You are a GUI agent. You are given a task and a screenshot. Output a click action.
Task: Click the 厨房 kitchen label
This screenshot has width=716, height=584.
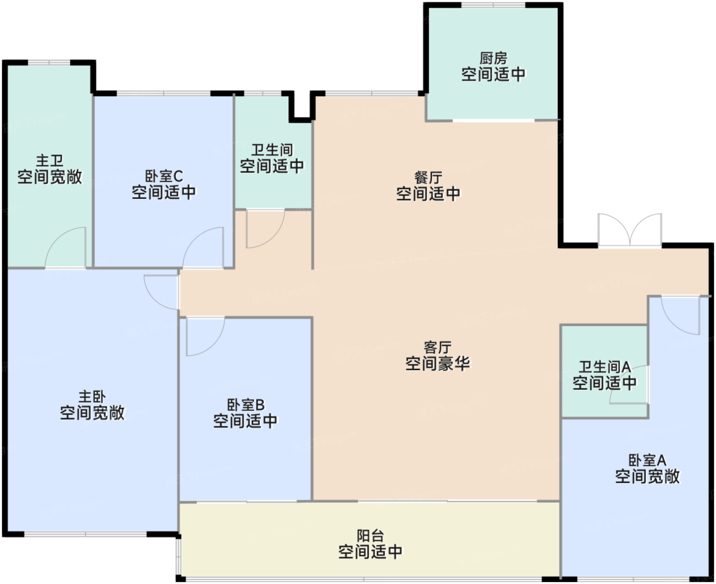coord(493,58)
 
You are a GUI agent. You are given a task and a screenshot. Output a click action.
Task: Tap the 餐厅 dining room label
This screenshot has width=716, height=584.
coord(428,177)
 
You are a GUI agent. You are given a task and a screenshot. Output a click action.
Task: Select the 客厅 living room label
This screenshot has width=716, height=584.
coord(437,348)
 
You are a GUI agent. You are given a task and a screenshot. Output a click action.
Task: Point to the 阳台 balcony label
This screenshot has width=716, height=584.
coord(370,535)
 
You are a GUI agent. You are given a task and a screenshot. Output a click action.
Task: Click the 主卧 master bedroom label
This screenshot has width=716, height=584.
coord(92,396)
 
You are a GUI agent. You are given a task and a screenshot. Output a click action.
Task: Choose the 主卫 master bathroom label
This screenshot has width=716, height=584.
coord(50,161)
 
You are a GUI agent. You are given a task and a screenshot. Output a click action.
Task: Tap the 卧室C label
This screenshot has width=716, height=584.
coord(164,176)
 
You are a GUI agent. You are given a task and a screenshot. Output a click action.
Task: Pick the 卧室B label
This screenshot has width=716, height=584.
coord(245,405)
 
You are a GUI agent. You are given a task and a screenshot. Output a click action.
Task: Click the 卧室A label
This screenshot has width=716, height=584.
coord(647,460)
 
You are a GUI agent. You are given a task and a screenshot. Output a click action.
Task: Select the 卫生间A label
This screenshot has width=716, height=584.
coord(604,367)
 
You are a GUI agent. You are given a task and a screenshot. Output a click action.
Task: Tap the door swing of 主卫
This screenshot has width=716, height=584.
coord(66,248)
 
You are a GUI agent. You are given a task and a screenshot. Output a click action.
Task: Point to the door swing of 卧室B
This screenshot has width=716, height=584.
coord(205,336)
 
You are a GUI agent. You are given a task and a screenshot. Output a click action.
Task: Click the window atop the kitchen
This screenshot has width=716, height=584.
coord(493,5)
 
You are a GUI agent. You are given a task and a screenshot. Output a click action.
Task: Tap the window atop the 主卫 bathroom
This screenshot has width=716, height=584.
coord(49,63)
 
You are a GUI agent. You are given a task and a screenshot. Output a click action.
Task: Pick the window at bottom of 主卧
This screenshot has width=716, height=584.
coord(85,535)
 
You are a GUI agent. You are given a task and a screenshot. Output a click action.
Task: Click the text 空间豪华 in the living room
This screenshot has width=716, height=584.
coord(437,364)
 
